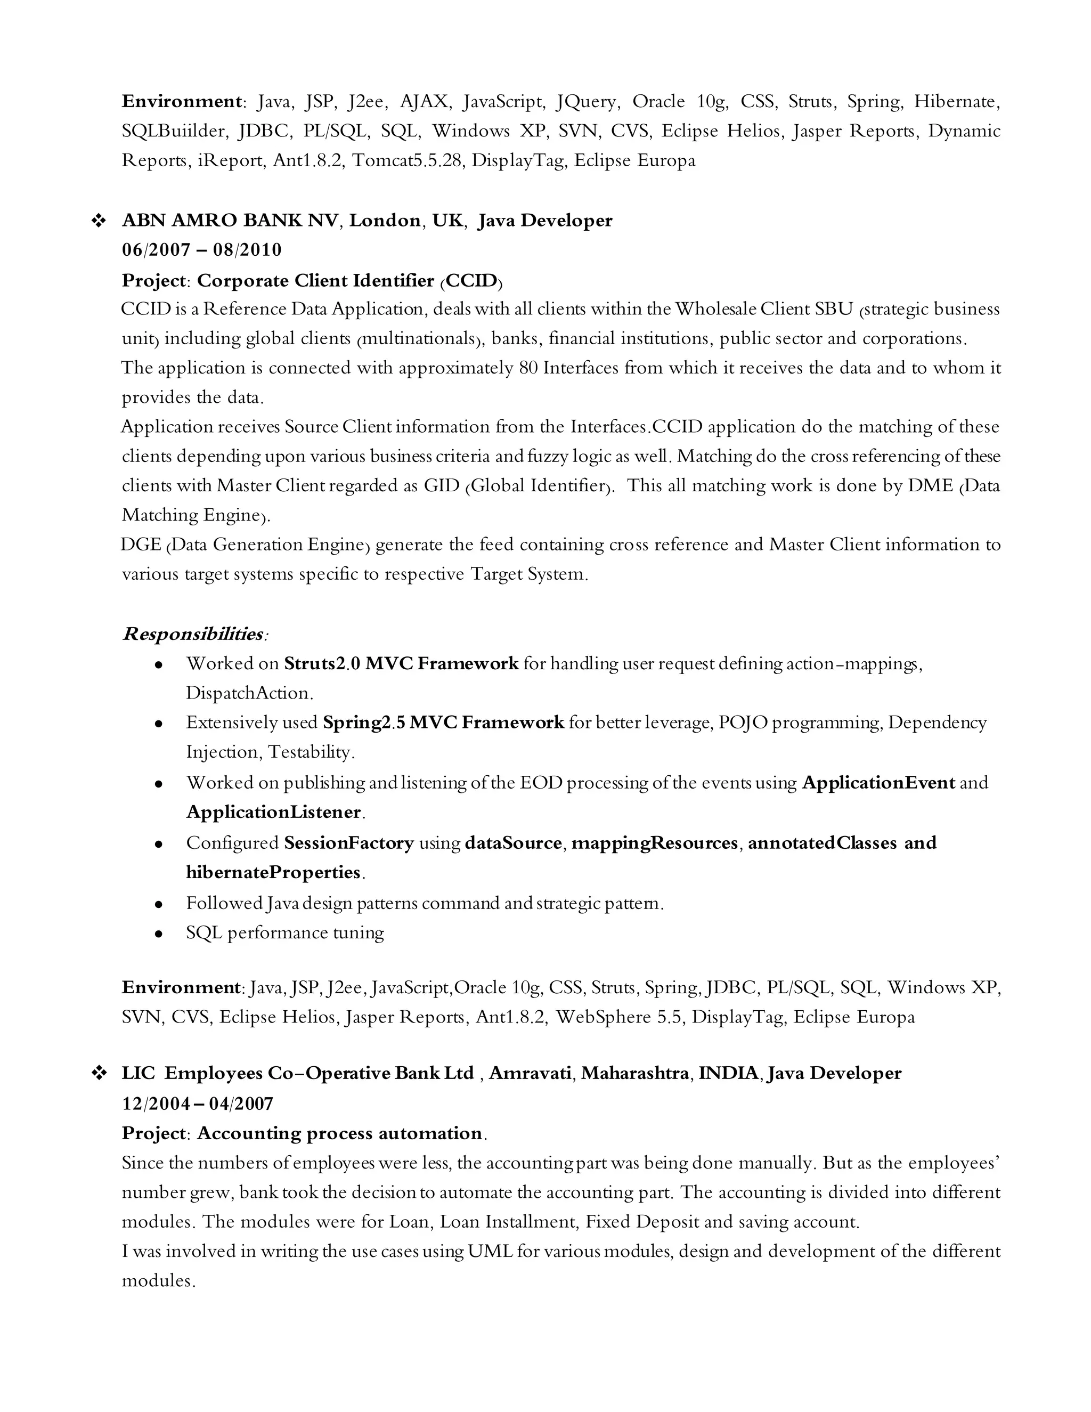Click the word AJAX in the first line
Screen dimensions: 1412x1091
(424, 101)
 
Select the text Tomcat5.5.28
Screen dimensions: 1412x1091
(408, 160)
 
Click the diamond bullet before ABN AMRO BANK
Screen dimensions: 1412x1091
(99, 221)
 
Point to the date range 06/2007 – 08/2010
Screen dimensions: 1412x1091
(202, 250)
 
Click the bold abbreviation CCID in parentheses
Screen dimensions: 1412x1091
(471, 281)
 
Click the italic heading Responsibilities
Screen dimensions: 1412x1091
(193, 634)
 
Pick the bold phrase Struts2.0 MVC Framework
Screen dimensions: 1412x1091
(401, 663)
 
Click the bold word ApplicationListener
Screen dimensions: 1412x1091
(273, 812)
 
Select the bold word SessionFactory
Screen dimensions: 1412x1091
(348, 843)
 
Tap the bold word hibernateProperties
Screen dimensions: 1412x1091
(273, 873)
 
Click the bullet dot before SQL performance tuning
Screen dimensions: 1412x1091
(158, 934)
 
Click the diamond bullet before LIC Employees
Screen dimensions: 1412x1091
(99, 1073)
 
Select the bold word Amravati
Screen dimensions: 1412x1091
(530, 1073)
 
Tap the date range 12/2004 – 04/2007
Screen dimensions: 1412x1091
(198, 1103)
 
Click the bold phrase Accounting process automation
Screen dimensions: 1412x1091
(339, 1133)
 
